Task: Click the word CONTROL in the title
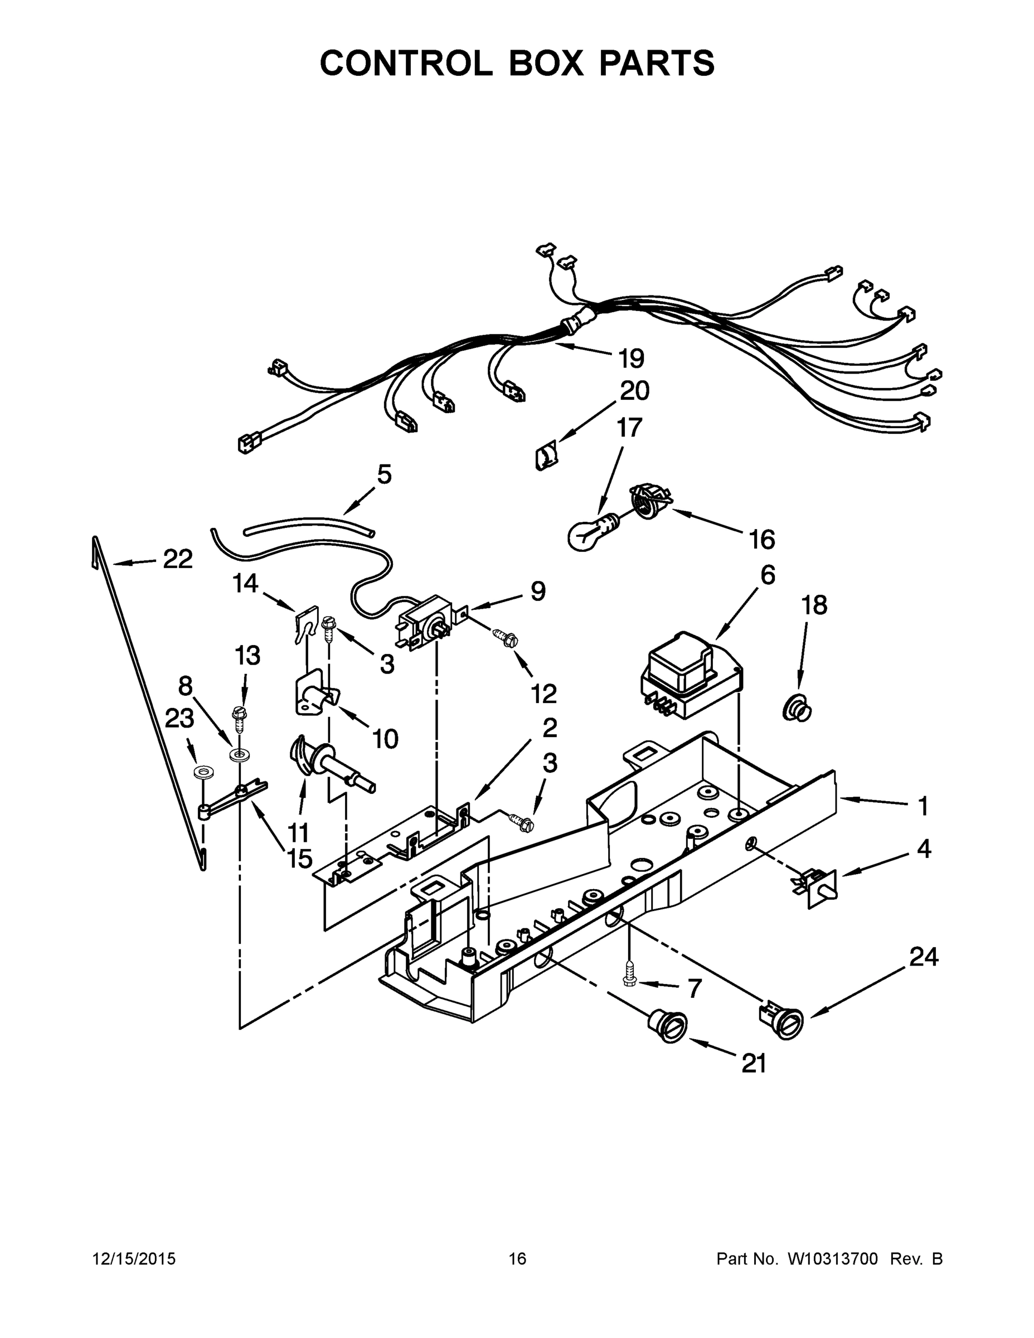[405, 63]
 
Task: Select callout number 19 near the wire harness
[630, 358]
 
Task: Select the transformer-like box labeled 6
[689, 677]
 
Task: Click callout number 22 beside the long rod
[178, 559]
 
